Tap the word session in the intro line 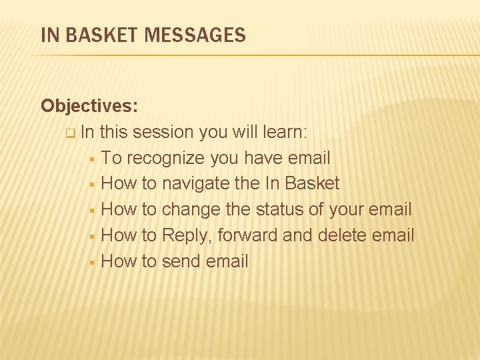pyautogui.click(x=163, y=132)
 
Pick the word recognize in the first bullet pyautogui.click(x=166, y=158)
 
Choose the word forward pyautogui.click(x=247, y=235)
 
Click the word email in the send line pyautogui.click(x=227, y=261)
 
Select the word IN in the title pyautogui.click(x=49, y=35)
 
